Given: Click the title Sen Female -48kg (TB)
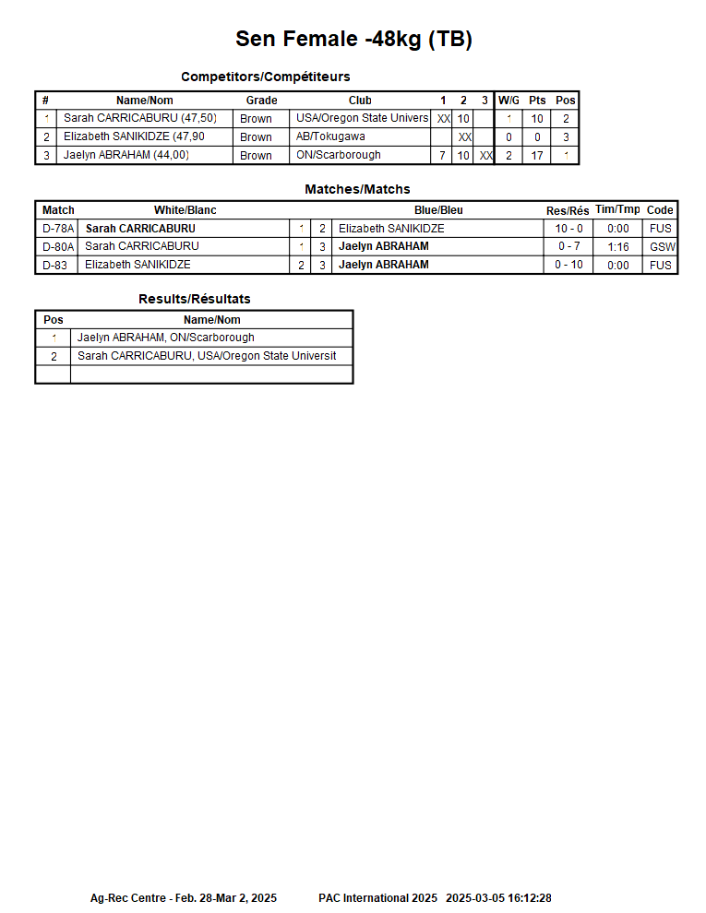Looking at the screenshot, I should click(x=353, y=39).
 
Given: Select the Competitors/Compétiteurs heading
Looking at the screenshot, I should click(x=265, y=77).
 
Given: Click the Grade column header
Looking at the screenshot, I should click(x=261, y=101).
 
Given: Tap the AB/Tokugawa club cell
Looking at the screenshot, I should click(x=330, y=136).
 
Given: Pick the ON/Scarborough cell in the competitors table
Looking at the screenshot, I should click(x=338, y=155).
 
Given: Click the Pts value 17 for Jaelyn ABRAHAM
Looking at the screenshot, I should click(x=537, y=156).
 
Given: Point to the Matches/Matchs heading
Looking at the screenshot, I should click(x=357, y=189).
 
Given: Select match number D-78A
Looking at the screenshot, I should click(x=58, y=229).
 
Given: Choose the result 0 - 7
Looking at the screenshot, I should click(x=568, y=247).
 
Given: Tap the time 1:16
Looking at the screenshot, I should click(x=618, y=247).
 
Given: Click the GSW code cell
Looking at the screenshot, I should click(x=662, y=247).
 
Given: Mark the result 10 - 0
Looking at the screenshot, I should click(x=568, y=229).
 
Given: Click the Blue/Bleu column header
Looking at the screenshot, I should click(x=438, y=210).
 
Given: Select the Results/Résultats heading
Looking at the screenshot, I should click(x=195, y=299).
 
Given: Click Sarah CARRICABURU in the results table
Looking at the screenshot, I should click(x=207, y=356).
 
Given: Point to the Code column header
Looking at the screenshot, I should click(x=660, y=210).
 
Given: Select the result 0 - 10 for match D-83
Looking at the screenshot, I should click(x=568, y=266).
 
